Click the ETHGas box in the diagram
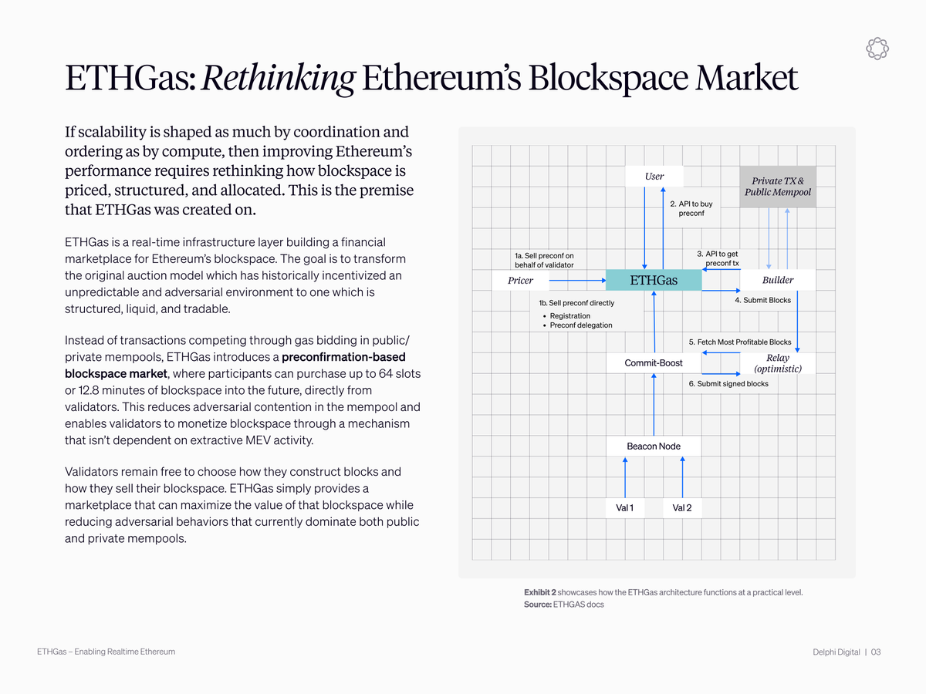click(x=654, y=280)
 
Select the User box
click(x=654, y=177)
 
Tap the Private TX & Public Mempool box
click(x=778, y=187)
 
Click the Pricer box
click(x=520, y=280)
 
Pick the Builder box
click(x=777, y=280)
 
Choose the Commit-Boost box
click(x=654, y=362)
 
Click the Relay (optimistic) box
click(x=777, y=363)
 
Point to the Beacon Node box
click(x=654, y=446)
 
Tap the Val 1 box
click(x=624, y=507)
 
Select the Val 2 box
click(x=682, y=507)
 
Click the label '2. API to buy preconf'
click(x=691, y=208)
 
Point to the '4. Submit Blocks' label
click(x=762, y=300)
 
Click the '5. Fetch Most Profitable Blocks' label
click(x=739, y=342)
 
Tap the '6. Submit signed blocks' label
click(x=728, y=383)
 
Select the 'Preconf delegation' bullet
click(x=580, y=325)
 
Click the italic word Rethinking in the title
click(x=279, y=79)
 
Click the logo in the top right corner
click(x=877, y=49)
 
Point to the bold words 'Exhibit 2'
click(x=539, y=592)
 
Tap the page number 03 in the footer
click(x=876, y=652)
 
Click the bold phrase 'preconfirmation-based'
click(x=343, y=357)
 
